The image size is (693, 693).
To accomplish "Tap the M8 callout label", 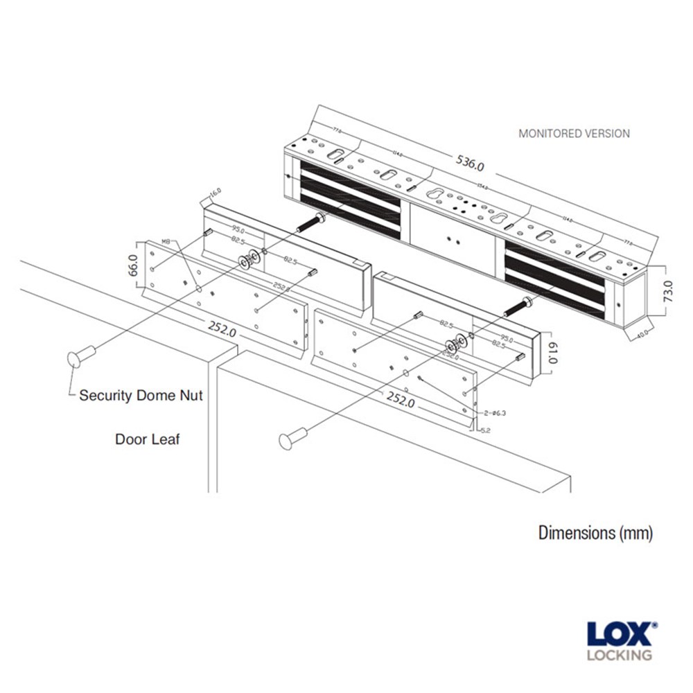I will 166,241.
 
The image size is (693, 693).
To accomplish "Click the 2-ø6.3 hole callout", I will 494,413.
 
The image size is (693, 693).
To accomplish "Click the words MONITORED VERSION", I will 574,134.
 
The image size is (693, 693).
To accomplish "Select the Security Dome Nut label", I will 141,396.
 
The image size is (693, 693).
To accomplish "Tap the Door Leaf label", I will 147,439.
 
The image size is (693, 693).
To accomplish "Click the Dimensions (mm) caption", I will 595,533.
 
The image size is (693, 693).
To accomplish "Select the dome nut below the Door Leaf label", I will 293,439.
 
